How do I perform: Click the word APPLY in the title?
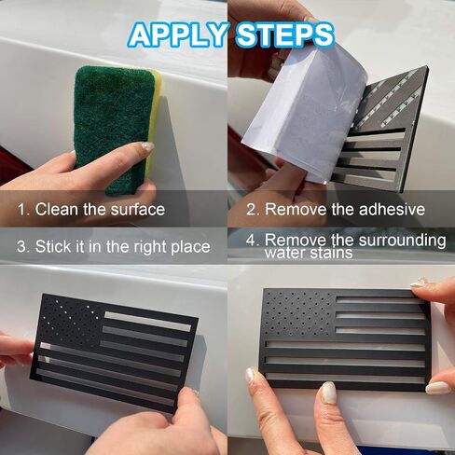tap(178, 34)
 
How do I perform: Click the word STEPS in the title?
tap(284, 34)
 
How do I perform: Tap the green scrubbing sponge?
tap(114, 128)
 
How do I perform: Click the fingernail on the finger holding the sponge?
tap(146, 146)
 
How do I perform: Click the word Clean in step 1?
tap(57, 209)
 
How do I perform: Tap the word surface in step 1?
tap(138, 210)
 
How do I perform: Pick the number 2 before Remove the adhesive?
tap(251, 210)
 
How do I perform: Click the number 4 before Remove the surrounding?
tap(251, 240)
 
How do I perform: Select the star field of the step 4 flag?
tap(299, 314)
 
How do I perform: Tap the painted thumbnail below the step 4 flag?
tap(328, 393)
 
